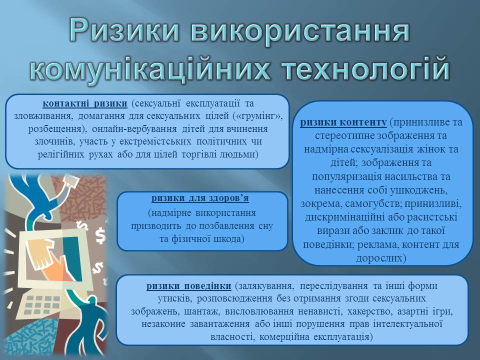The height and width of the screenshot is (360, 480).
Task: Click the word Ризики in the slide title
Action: coord(124,30)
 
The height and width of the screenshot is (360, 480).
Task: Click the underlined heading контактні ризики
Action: coord(85,103)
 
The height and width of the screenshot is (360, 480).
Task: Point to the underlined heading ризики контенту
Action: coord(343,122)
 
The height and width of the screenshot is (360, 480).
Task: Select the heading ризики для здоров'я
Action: coord(200,198)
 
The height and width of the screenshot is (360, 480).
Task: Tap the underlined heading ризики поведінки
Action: coord(188,286)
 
